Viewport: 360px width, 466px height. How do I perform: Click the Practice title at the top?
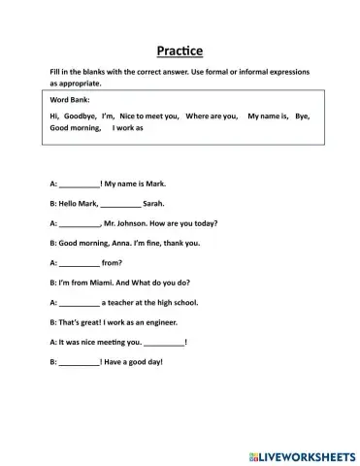point(180,50)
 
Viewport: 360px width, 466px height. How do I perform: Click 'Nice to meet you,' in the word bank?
point(149,116)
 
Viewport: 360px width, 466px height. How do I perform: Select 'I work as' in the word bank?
point(128,127)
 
